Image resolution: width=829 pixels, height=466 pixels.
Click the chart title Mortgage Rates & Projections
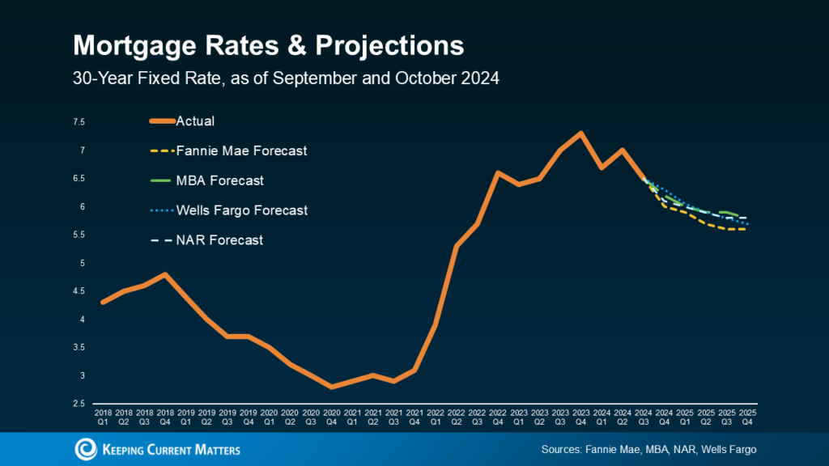coord(268,45)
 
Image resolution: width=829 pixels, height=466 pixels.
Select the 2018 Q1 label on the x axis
coord(102,417)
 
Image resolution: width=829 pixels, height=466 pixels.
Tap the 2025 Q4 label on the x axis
coord(748,417)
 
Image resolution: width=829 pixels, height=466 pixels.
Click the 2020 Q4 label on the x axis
coord(330,417)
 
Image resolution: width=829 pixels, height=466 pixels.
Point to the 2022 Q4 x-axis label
coord(496,417)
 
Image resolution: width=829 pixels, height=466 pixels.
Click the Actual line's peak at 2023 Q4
coord(580,133)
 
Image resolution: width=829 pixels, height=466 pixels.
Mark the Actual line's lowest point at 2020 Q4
coord(330,387)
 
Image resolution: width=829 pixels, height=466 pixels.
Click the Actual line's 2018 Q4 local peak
coord(164,274)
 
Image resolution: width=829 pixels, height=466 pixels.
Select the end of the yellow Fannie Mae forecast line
coord(745,229)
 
